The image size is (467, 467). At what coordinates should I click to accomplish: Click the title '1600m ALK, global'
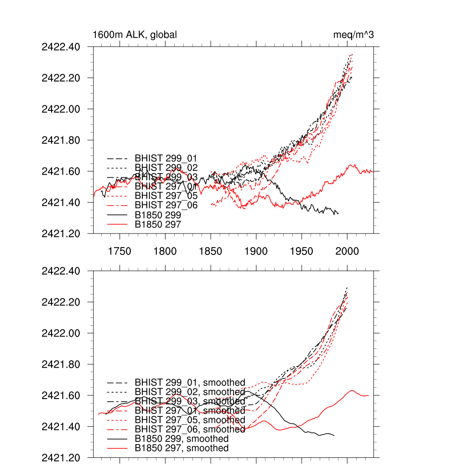[135, 35]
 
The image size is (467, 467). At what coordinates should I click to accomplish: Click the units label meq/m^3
[353, 35]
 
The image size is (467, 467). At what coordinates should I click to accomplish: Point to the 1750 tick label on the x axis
[119, 251]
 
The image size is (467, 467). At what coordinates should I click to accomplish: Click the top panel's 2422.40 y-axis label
[61, 47]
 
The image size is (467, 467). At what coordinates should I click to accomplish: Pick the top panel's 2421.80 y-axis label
[61, 140]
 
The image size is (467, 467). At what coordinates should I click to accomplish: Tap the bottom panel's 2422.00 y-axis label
[61, 333]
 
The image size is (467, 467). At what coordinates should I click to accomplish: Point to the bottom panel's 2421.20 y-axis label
[61, 457]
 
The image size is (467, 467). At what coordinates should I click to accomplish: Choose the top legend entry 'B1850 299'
[158, 215]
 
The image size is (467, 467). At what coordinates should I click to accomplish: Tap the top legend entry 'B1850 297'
[158, 224]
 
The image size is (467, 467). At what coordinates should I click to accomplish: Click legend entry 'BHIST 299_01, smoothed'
[190, 383]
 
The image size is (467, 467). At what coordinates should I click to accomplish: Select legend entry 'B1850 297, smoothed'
[182, 448]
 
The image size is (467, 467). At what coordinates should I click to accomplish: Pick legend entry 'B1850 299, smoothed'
[182, 439]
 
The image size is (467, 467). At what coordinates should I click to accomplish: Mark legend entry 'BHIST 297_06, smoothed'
[190, 430]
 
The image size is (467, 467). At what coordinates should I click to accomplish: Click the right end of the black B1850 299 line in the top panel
[338, 213]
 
